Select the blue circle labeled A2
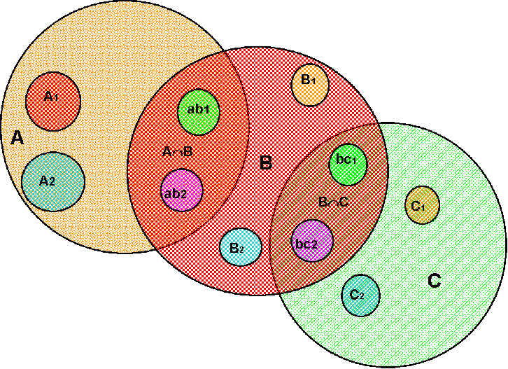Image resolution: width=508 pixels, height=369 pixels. click(52, 182)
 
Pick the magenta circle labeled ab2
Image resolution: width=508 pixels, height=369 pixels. click(182, 190)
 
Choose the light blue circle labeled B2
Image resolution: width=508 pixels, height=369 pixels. click(241, 247)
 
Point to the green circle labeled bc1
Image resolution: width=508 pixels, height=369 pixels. click(348, 164)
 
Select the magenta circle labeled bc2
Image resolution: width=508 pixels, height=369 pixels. click(312, 242)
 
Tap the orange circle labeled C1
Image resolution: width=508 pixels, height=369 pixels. click(423, 204)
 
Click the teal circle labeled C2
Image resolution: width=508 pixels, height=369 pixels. click(361, 295)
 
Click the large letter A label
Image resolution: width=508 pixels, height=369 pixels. click(18, 139)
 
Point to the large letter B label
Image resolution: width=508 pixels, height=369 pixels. click(265, 164)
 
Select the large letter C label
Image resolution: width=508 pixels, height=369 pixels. click(434, 281)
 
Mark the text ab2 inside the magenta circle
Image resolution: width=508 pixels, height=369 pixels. click(175, 193)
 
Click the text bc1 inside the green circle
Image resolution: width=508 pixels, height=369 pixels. click(346, 160)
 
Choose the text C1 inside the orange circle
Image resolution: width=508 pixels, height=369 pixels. click(418, 206)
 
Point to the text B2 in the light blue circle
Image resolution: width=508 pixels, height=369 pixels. click(237, 247)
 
